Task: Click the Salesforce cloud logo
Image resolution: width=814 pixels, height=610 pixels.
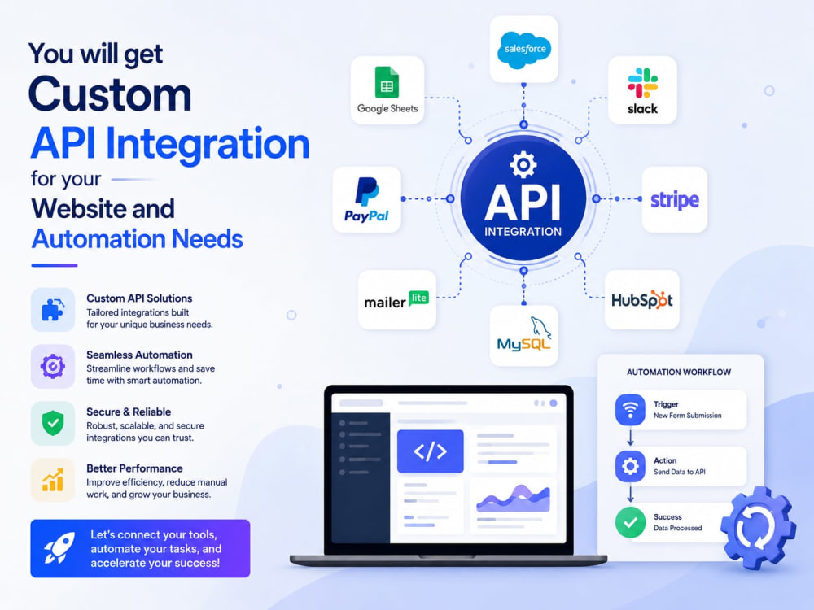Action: click(523, 50)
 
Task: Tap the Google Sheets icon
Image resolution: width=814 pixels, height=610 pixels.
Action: click(387, 82)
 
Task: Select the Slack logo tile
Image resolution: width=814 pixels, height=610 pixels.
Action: click(642, 89)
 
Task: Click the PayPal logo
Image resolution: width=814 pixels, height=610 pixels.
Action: click(366, 200)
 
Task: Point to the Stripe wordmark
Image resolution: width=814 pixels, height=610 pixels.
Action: click(674, 200)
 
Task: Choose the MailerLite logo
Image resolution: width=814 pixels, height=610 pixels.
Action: click(396, 300)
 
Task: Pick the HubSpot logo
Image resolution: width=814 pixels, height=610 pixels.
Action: click(641, 300)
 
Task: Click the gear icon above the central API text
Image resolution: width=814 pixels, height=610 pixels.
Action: click(523, 165)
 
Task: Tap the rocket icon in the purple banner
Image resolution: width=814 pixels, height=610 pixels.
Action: click(59, 547)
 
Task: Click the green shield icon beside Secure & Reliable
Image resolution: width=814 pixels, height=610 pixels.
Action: click(52, 423)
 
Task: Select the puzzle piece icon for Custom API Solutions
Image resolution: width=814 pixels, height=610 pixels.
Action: click(52, 310)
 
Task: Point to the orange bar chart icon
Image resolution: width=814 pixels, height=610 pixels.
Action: click(52, 480)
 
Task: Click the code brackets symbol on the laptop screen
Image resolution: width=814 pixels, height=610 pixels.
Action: click(431, 451)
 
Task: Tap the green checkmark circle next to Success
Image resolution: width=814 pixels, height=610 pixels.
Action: click(630, 522)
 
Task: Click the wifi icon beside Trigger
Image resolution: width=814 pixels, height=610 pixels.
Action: click(630, 410)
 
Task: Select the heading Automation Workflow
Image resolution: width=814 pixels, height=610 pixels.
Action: click(679, 372)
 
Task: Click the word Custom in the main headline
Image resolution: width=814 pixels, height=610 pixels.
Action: click(110, 94)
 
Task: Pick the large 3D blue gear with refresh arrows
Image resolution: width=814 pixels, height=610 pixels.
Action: click(758, 529)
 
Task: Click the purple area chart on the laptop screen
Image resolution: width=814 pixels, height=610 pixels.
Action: click(514, 497)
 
